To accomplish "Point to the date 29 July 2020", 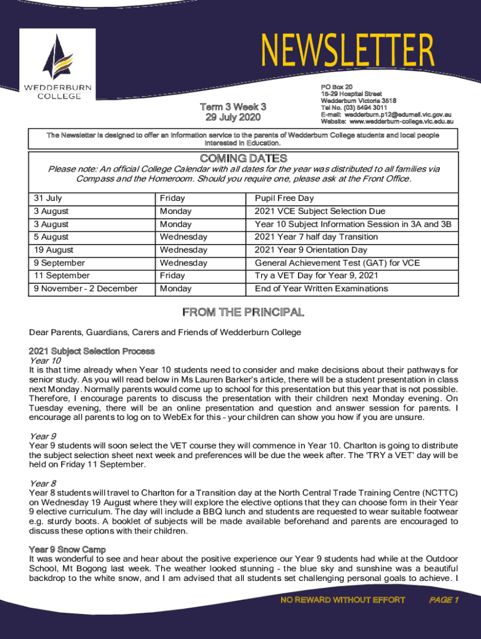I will (x=233, y=117).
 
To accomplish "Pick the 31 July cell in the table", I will (x=48, y=198).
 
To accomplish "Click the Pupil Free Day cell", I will (x=284, y=198).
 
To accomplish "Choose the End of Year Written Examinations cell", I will (x=321, y=288).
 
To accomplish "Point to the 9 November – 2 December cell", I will (x=86, y=288).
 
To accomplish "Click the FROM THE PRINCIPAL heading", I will (x=242, y=312).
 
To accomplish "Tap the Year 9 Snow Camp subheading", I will (x=67, y=549).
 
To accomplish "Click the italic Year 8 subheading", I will (x=43, y=484).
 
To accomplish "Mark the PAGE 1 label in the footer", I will (x=444, y=600).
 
